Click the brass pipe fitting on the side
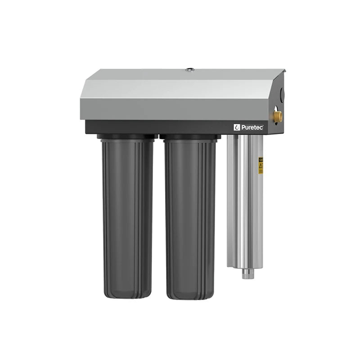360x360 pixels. (x=278, y=117)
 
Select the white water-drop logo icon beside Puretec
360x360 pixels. (x=237, y=128)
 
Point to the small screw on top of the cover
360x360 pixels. (x=190, y=70)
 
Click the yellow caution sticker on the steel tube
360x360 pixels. (x=261, y=166)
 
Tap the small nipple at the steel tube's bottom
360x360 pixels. (x=247, y=274)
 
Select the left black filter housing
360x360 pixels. (x=127, y=216)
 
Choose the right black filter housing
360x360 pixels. (x=190, y=216)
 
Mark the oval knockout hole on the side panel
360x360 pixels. (x=282, y=94)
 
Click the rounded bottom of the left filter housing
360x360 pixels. (x=127, y=292)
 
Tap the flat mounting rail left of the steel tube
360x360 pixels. (x=230, y=198)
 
